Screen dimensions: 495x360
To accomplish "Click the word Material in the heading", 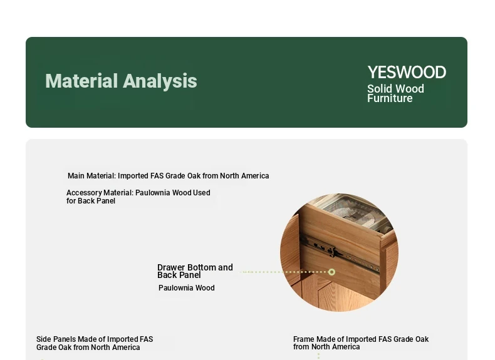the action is (81, 81).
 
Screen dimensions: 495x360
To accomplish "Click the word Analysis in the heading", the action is (160, 81).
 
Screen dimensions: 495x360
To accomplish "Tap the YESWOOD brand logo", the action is (407, 72).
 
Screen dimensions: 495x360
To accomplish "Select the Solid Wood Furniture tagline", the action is (395, 93).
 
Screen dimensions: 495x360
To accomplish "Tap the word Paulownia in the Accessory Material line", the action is (152, 192).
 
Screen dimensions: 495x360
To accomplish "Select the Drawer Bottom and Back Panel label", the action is (195, 271).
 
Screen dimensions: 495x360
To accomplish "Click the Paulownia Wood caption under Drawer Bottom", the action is (187, 288).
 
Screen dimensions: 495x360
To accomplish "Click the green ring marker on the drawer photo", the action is (331, 272).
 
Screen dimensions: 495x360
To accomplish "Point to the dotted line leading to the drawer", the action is (283, 272).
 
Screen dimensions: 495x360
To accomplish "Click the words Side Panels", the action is (56, 339).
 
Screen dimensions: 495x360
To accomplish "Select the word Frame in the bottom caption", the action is (304, 339).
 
